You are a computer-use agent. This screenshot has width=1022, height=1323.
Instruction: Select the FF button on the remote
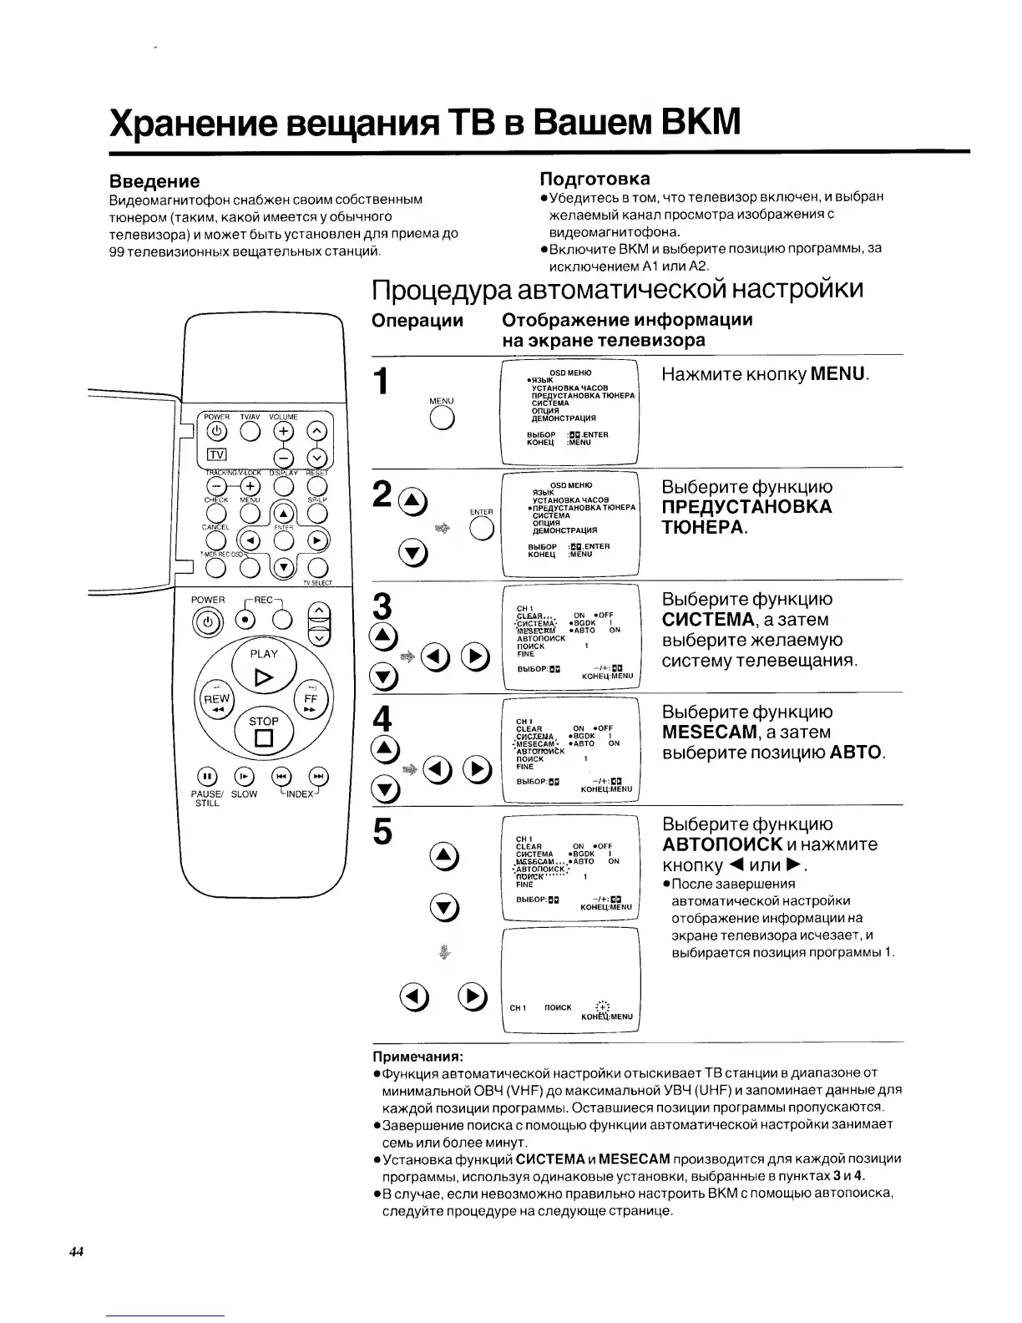point(311,700)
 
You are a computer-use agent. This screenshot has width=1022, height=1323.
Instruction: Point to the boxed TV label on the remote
point(217,454)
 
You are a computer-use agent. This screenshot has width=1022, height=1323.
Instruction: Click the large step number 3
point(384,606)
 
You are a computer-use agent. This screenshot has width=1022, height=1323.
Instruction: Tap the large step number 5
point(382,831)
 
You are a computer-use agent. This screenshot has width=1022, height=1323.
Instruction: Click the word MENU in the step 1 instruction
point(838,373)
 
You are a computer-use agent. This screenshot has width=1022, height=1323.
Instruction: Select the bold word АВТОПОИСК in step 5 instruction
point(721,844)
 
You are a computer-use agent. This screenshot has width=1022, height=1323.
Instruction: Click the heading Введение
point(155,181)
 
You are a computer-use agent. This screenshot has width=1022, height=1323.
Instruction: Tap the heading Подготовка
point(594,179)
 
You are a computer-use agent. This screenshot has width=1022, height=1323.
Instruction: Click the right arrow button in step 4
point(476,770)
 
